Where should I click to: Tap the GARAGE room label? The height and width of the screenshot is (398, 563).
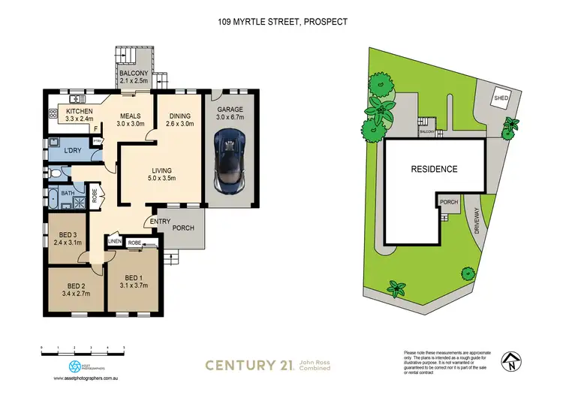click(x=230, y=109)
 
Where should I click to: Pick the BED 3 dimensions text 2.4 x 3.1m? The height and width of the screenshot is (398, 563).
click(x=66, y=243)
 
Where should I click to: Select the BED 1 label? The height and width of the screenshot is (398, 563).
click(x=132, y=275)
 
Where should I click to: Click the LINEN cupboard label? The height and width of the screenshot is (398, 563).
click(x=115, y=241)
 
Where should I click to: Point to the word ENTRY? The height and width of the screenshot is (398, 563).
click(x=160, y=220)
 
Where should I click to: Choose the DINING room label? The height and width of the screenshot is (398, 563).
click(x=179, y=109)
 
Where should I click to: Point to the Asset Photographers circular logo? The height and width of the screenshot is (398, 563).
click(x=74, y=366)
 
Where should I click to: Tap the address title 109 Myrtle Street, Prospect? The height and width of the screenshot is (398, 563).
click(x=281, y=22)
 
